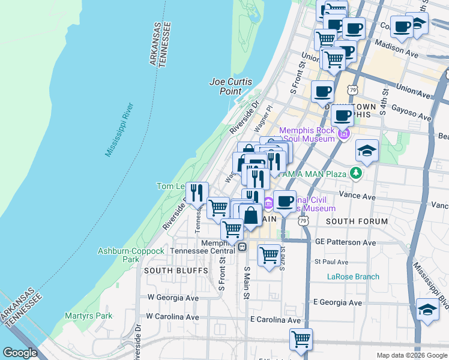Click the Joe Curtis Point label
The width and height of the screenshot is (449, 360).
(x=231, y=86)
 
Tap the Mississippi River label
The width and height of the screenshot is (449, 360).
(x=119, y=130)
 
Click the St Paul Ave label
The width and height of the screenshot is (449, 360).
(x=331, y=262)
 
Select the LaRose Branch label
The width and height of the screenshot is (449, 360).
(x=353, y=277)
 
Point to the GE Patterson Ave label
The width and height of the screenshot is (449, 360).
(x=345, y=243)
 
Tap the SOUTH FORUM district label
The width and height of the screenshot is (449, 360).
(x=357, y=221)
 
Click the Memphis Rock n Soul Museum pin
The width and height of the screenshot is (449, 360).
(x=343, y=133)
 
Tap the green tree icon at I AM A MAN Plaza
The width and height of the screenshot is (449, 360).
(x=357, y=173)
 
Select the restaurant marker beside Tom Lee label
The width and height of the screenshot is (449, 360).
(x=197, y=193)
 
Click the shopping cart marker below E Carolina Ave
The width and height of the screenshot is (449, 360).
(x=300, y=338)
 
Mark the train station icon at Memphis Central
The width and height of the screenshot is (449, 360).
(x=242, y=247)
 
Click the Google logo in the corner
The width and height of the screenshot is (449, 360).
(x=20, y=353)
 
